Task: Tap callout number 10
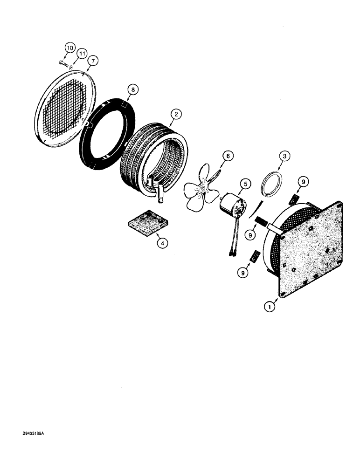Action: [70, 48]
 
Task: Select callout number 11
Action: [82, 55]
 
